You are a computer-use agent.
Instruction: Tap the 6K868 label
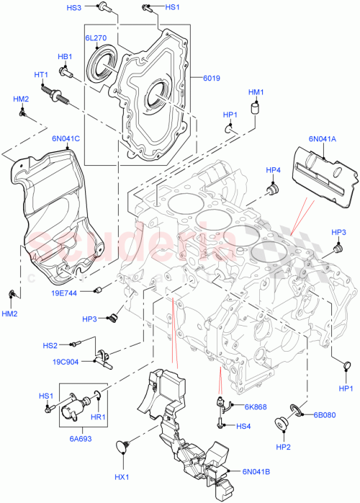coord(255,407)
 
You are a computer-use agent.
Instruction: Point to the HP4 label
coord(273,171)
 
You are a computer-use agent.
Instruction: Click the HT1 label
coord(41,74)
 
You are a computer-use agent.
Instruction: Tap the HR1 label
coord(97,417)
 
